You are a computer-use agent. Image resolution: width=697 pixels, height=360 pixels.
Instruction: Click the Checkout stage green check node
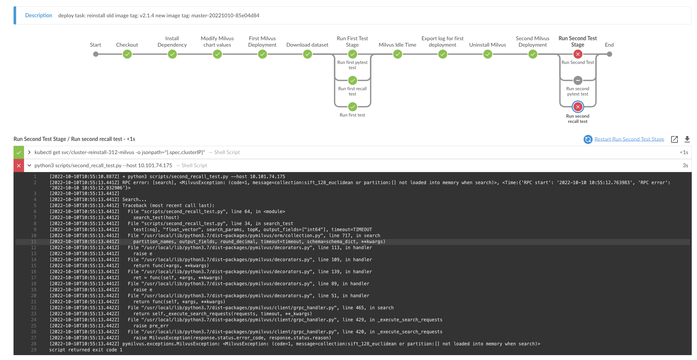pyautogui.click(x=127, y=54)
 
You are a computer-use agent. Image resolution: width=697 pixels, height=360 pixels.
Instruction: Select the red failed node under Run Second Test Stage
pyautogui.click(x=578, y=54)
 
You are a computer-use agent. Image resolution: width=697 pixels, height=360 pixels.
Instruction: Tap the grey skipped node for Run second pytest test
pyautogui.click(x=578, y=80)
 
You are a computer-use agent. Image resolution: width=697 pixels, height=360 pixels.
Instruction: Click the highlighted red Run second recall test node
pyautogui.click(x=578, y=107)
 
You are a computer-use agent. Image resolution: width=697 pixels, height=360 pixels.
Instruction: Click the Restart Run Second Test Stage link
pyautogui.click(x=629, y=139)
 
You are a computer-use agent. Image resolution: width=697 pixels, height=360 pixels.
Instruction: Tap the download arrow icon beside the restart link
pyautogui.click(x=687, y=139)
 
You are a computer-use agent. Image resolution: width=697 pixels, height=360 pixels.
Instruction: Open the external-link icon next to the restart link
pyautogui.click(x=674, y=139)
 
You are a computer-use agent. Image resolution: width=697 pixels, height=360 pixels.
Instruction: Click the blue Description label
pyautogui.click(x=39, y=15)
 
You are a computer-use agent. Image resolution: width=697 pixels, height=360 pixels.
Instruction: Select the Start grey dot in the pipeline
pyautogui.click(x=96, y=54)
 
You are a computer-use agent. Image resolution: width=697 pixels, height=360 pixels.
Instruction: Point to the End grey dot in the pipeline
pyautogui.click(x=609, y=54)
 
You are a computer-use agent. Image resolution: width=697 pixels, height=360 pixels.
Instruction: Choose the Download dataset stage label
pyautogui.click(x=307, y=45)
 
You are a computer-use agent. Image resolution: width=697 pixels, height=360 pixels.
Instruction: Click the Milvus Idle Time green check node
pyautogui.click(x=397, y=54)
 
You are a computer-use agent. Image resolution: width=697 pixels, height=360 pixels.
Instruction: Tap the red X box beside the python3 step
pyautogui.click(x=19, y=165)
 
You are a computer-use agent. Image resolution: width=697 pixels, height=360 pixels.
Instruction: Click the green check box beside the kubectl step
pyautogui.click(x=19, y=152)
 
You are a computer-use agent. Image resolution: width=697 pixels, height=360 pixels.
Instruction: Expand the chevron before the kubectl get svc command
pyautogui.click(x=29, y=152)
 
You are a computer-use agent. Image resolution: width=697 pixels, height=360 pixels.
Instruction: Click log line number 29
pyautogui.click(x=34, y=350)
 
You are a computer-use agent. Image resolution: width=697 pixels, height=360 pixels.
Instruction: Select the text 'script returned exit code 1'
pyautogui.click(x=86, y=350)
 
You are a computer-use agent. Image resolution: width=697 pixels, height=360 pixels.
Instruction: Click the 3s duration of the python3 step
pyautogui.click(x=685, y=165)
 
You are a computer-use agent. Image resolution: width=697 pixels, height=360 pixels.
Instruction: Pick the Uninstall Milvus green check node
pyautogui.click(x=487, y=54)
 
